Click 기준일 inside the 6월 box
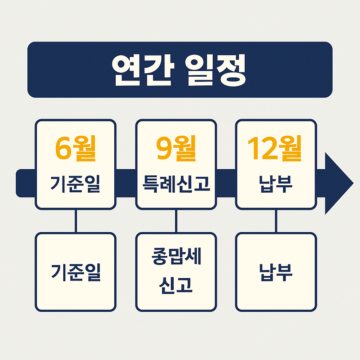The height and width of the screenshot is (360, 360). pyautogui.click(x=75, y=184)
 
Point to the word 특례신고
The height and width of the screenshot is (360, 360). pyautogui.click(x=176, y=184)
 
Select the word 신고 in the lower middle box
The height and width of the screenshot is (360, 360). pyautogui.click(x=176, y=285)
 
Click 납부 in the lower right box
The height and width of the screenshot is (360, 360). pyautogui.click(x=276, y=272)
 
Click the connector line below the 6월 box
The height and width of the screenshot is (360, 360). pyautogui.click(x=76, y=221)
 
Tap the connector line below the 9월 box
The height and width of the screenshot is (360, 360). pyautogui.click(x=176, y=221)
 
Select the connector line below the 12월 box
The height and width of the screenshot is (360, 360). pyautogui.click(x=276, y=221)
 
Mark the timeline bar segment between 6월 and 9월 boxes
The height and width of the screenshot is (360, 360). pyautogui.click(x=126, y=183)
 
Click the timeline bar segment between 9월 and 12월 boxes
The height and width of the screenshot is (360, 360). pyautogui.click(x=226, y=183)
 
